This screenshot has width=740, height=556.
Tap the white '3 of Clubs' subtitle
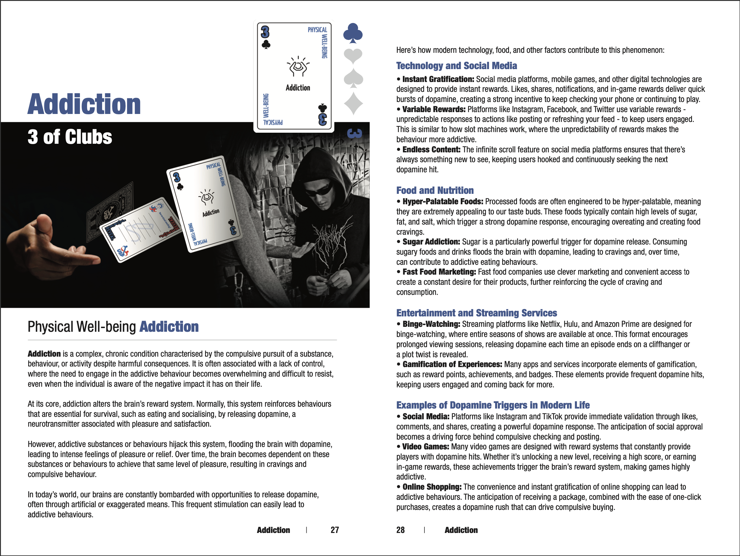click(x=70, y=137)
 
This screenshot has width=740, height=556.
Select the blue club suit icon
click(x=353, y=33)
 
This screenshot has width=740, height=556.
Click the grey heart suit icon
click(x=353, y=56)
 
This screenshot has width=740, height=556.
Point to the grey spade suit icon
click(x=353, y=79)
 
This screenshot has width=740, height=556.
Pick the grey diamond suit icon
click(x=353, y=104)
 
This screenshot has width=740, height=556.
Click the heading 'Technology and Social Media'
click(x=456, y=66)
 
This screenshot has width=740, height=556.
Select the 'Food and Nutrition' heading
click(x=435, y=190)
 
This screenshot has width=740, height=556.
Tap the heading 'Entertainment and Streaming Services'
click(x=476, y=313)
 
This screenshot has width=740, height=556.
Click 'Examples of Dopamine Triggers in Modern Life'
click(x=493, y=405)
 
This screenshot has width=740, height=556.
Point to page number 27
click(x=335, y=530)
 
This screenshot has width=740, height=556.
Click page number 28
click(x=400, y=530)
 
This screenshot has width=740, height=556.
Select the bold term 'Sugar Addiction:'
click(x=431, y=242)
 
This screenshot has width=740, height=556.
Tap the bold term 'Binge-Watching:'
click(x=431, y=324)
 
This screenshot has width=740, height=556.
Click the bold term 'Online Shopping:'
click(x=432, y=487)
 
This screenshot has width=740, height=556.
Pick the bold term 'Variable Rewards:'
click(x=434, y=109)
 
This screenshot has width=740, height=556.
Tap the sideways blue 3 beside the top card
click(x=355, y=133)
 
